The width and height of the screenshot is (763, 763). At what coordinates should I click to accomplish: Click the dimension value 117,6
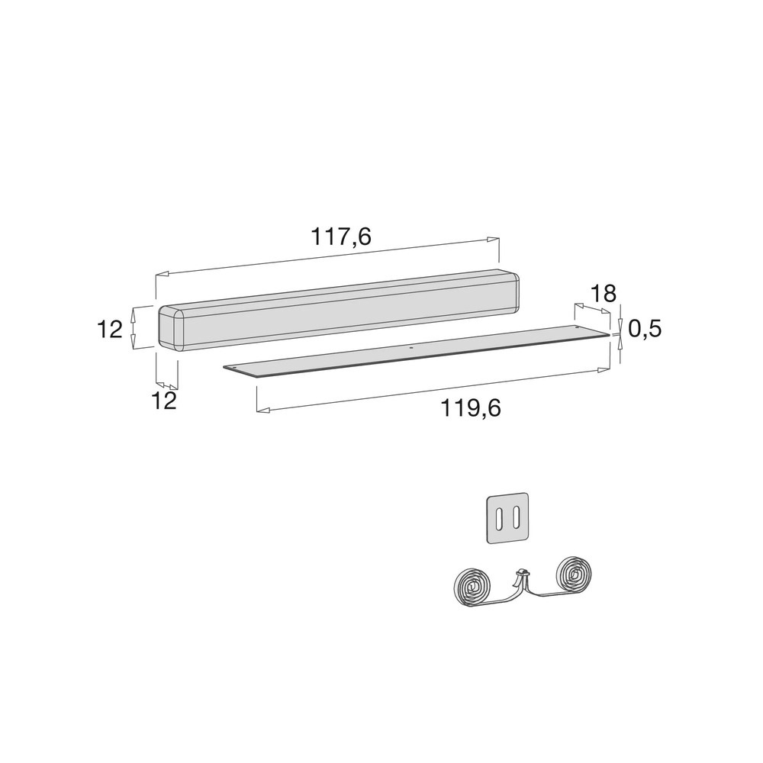pyautogui.click(x=341, y=237)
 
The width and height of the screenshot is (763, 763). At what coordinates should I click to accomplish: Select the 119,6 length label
pyautogui.click(x=471, y=407)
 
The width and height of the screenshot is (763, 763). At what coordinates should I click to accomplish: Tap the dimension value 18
pyautogui.click(x=603, y=294)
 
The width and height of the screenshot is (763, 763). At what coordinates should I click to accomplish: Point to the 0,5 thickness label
pyautogui.click(x=645, y=329)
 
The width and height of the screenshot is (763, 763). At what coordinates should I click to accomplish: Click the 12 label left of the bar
pyautogui.click(x=110, y=330)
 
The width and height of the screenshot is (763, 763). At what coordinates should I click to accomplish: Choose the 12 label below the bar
pyautogui.click(x=163, y=401)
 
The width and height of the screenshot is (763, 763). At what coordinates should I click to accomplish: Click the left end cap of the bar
pyautogui.click(x=172, y=327)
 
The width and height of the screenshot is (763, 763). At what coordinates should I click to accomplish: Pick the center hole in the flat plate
pyautogui.click(x=410, y=349)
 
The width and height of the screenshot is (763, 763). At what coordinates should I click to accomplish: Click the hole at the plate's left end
pyautogui.click(x=234, y=368)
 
